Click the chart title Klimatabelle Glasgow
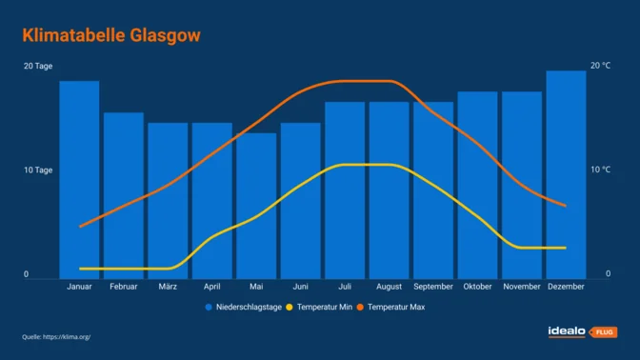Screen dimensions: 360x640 tap(111, 35)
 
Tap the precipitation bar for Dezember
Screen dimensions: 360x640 tap(566, 174)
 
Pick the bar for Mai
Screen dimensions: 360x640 tap(256, 205)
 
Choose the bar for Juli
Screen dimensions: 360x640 tap(345, 190)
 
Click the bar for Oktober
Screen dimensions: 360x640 tap(477, 185)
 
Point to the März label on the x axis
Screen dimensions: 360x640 tap(168, 287)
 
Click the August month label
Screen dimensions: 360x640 tap(389, 287)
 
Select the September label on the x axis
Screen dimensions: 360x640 tap(433, 287)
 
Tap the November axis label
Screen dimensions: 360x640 tap(521, 287)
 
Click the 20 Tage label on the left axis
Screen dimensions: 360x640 tap(38, 66)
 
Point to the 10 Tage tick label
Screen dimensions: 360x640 tap(38, 170)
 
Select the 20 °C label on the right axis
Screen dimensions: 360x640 tap(600, 66)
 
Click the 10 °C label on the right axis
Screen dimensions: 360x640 tap(600, 170)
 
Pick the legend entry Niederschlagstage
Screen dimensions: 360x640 tap(243, 308)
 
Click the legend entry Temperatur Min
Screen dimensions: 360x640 tap(318, 308)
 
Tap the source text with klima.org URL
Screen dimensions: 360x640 tap(56, 337)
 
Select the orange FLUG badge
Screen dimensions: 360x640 tap(604, 332)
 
